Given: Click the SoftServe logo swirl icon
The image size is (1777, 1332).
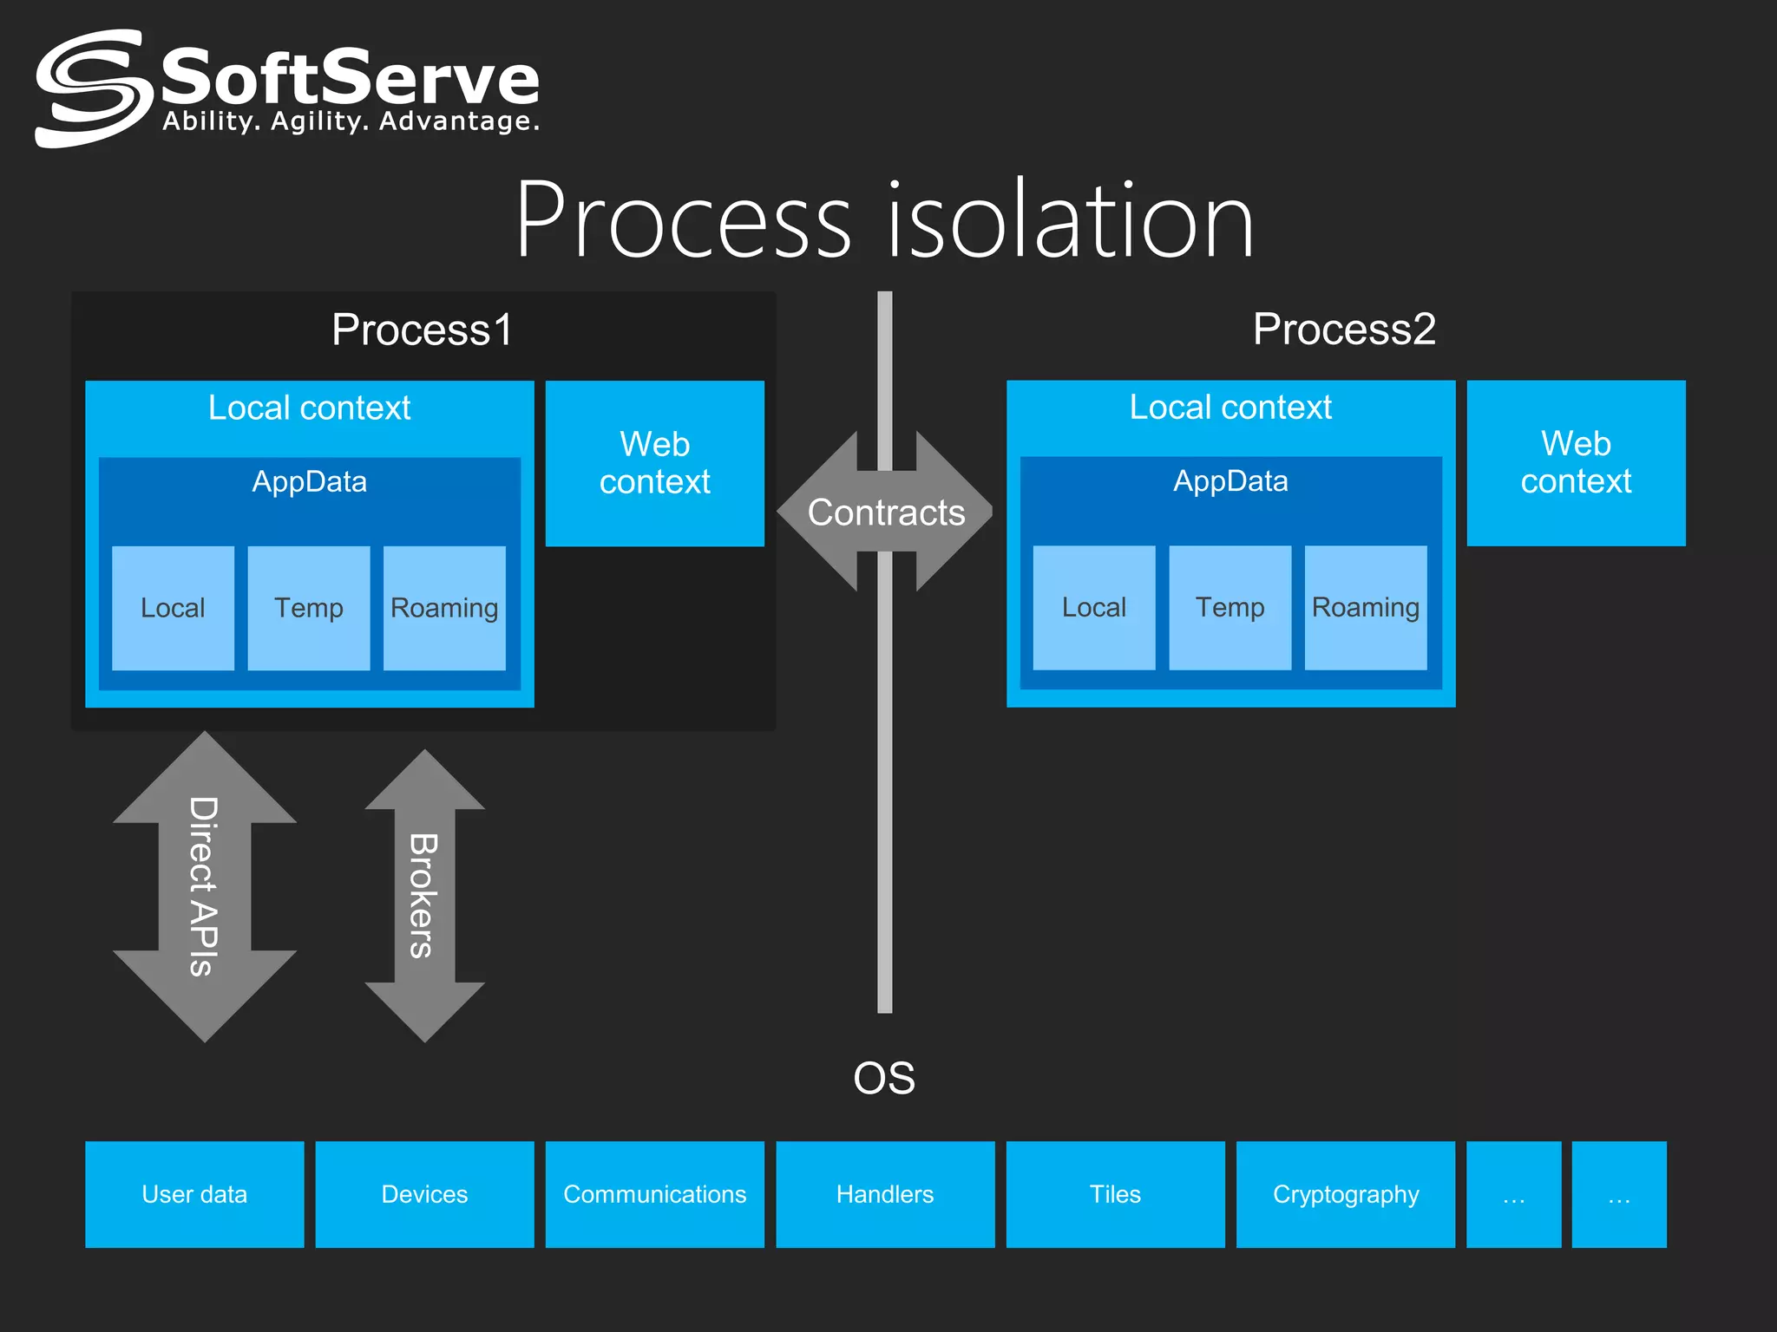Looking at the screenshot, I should pos(89,88).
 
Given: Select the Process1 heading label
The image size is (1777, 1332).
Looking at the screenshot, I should pos(422,330).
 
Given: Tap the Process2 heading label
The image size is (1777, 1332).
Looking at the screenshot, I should pos(1343,330).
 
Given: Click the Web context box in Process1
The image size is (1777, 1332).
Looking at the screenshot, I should pos(654,463).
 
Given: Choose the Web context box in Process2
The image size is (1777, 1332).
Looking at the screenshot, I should pos(1576,463).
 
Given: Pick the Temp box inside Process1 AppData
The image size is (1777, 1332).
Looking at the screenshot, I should pos(308,608).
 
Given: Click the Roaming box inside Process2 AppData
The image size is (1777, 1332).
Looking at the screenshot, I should pos(1365,608).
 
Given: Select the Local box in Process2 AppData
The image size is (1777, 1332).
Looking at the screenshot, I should pos(1093,608).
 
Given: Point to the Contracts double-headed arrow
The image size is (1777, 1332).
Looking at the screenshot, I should pos(885,513).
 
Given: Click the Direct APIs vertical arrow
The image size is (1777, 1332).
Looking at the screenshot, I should pos(204,886).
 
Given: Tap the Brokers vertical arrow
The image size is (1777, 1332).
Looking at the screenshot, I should pos(424,896).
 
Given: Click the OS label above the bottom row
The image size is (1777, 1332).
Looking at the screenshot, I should pos(884,1078).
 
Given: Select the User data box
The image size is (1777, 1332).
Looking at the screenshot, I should pos(194,1194).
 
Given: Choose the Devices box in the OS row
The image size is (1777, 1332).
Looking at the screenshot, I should pos(424,1194).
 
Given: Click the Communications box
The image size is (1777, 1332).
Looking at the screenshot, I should pos(654,1194).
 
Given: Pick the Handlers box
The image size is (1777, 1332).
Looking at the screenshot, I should pos(884,1194).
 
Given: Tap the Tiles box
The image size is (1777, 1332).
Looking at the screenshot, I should pos(1115,1194).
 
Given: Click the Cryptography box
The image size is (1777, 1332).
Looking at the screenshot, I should pos(1345,1194).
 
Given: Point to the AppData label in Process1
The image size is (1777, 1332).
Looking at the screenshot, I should pos(309,481).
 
